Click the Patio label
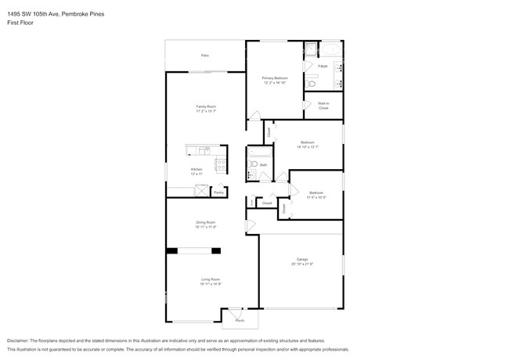coord(205,56)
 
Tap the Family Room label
coord(206,106)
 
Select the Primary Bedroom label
coord(275,77)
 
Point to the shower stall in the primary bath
coord(310,50)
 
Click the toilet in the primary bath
coord(311,83)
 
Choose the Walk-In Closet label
coord(323,106)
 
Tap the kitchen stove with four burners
coord(221,165)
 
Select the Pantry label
coord(219,192)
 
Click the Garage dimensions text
coord(301,264)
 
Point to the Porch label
coord(240,320)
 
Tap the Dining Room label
coord(206,223)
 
